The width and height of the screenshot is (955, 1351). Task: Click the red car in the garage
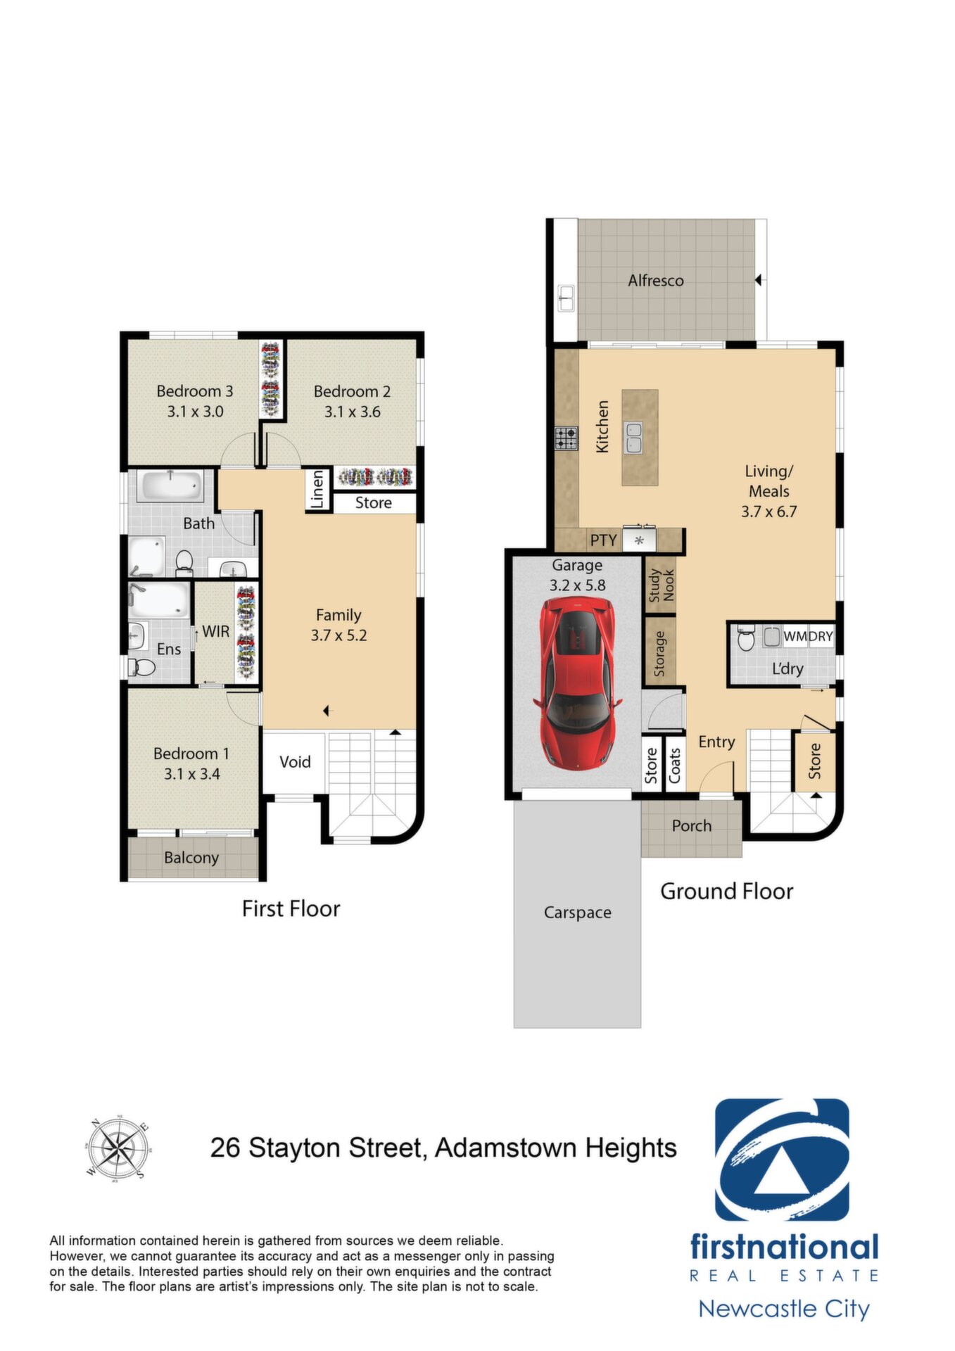coord(578,683)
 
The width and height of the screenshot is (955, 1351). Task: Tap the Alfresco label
coord(656,281)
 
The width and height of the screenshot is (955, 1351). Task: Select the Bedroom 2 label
coord(352,391)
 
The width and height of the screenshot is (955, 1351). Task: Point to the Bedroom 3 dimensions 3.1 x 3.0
coord(195,412)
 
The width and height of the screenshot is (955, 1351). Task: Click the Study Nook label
coord(661,585)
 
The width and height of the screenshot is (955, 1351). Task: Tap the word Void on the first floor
coord(295,762)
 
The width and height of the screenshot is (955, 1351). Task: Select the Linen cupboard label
coord(317,489)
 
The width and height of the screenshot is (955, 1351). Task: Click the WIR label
coord(216,632)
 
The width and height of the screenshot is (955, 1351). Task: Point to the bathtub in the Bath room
coord(170,486)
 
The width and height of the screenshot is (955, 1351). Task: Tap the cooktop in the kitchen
coord(566,438)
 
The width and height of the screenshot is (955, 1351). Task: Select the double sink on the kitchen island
coord(634,437)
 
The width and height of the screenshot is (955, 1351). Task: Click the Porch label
coord(692,826)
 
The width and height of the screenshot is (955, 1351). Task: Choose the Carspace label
coord(578,913)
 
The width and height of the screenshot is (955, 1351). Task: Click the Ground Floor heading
coord(727,892)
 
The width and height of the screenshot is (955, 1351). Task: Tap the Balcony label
coord(191,858)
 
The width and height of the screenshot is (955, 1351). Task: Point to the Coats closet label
coord(675,766)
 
